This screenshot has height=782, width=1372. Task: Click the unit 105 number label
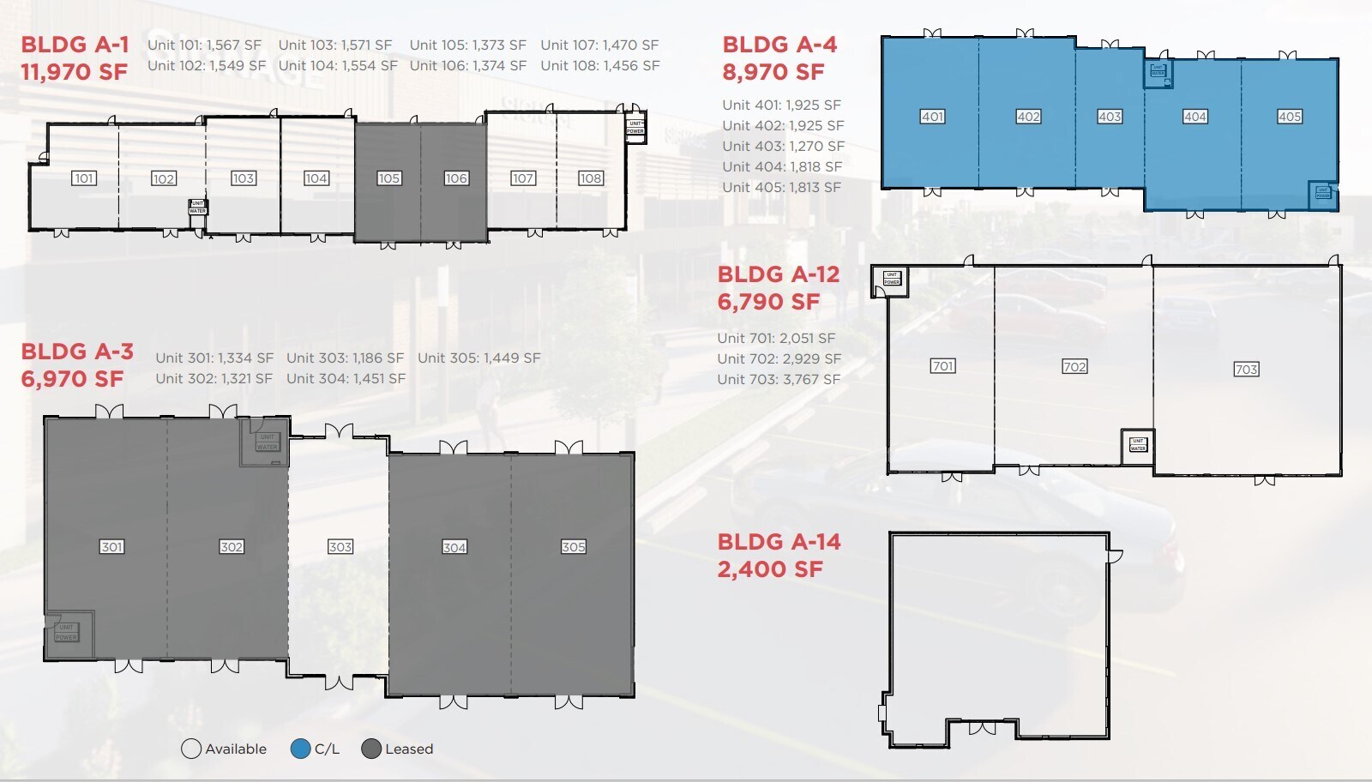pos(388,178)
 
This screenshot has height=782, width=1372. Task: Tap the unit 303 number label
pos(340,547)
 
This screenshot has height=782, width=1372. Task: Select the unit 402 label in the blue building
pos(1028,117)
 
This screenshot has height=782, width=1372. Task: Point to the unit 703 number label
pos(1246,370)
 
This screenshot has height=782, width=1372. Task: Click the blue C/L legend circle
pos(300,749)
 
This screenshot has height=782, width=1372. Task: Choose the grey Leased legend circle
pos(371,749)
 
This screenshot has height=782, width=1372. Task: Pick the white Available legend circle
pos(191,749)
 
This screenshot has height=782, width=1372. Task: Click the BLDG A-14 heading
pos(779,542)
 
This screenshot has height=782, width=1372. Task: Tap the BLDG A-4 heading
pos(779,45)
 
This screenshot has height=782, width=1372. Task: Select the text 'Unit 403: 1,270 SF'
pos(783,146)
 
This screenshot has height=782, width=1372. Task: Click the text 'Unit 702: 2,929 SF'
pos(779,358)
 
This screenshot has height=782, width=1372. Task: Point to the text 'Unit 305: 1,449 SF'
pos(478,358)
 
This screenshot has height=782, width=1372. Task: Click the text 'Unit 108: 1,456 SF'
pos(599,65)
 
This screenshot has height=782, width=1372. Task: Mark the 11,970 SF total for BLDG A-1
pos(74,72)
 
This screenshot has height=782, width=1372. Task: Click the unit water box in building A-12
pos(1138,445)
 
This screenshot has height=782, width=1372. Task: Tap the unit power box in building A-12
pos(892,279)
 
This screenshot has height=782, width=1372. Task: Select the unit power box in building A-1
pos(635,128)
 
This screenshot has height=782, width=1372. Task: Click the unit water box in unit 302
pos(267,442)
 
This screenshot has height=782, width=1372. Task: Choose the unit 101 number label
pos(83,178)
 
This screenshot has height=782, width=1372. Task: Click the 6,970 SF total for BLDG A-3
pos(72,379)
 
